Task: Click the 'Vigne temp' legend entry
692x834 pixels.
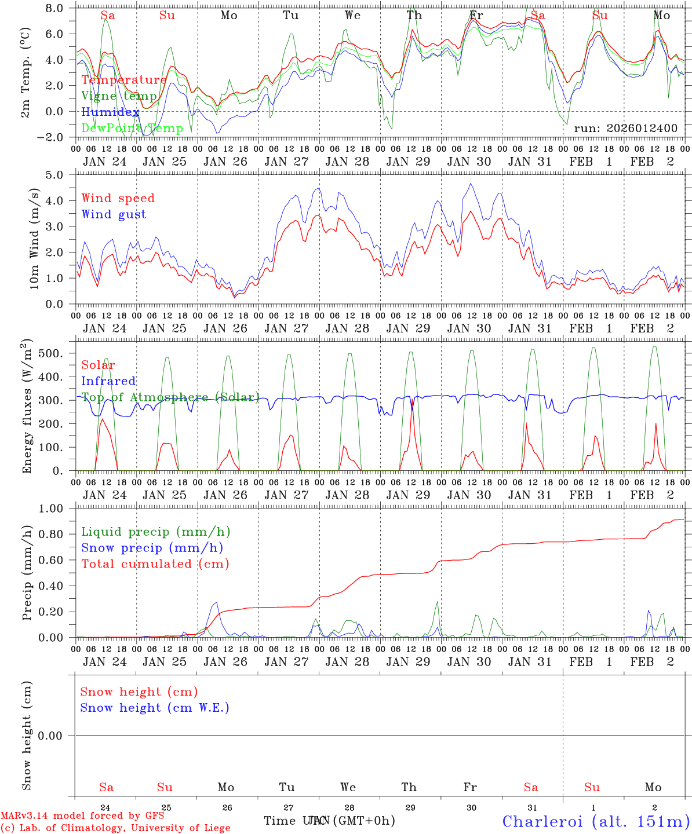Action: coord(119,96)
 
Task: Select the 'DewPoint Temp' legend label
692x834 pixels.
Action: coord(132,128)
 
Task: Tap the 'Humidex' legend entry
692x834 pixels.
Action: coord(110,112)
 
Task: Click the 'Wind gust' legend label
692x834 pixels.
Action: coord(114,214)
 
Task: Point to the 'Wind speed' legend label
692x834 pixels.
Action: coord(118,198)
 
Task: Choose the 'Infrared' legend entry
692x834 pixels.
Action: coord(108,381)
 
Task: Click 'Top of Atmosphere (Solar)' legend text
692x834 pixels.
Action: coord(170,397)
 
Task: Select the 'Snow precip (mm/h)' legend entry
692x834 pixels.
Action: coord(152,548)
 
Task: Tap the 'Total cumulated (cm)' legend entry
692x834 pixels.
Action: coord(155,564)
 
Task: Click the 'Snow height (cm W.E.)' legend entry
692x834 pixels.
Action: coord(155,708)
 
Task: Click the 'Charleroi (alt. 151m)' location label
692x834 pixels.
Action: coord(596,821)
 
